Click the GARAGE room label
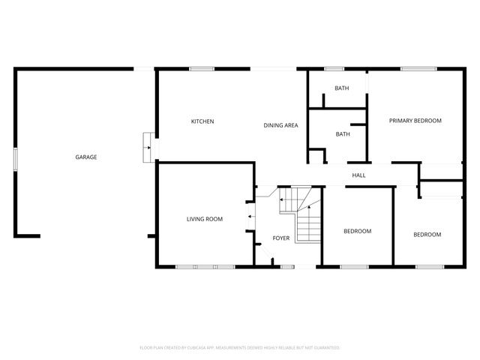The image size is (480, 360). [85, 157]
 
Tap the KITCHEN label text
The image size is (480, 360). [202, 121]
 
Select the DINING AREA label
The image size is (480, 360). [280, 125]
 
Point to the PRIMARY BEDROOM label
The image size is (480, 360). [415, 121]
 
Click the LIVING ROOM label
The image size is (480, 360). [205, 219]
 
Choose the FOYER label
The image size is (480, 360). [280, 238]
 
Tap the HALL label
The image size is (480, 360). [358, 175]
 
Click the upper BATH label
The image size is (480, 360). [341, 88]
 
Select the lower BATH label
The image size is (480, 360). [343, 134]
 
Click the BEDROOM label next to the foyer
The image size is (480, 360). [357, 231]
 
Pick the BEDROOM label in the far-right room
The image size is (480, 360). [427, 235]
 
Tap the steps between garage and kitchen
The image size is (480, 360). [148, 147]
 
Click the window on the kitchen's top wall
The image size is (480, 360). [202, 69]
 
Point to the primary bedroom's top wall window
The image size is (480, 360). [413, 69]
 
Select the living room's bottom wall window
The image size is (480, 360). [205, 266]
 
